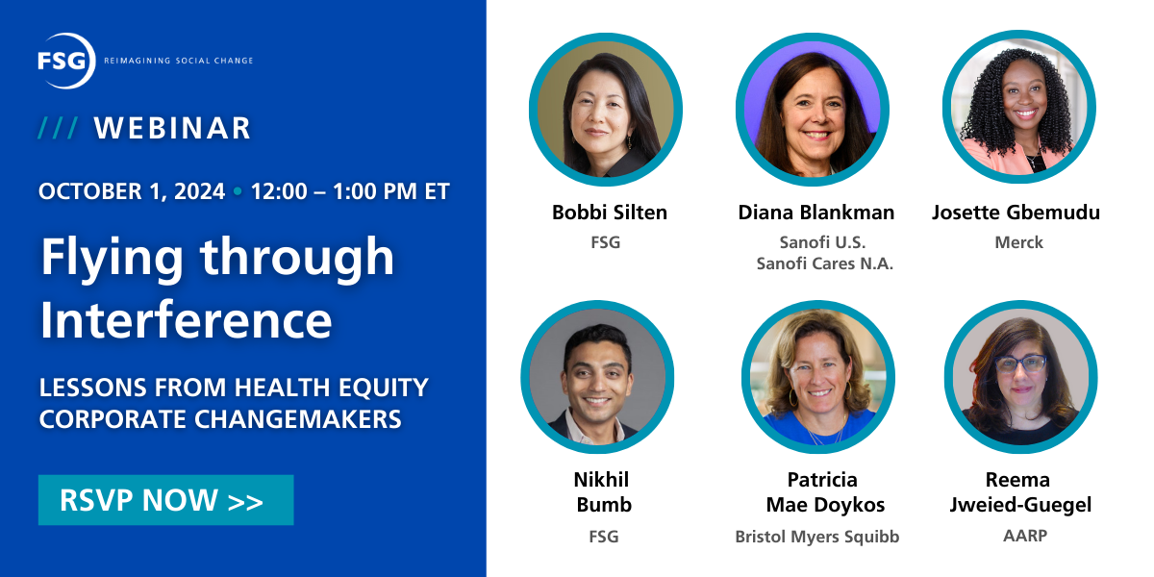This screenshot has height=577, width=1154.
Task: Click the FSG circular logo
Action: (66, 61)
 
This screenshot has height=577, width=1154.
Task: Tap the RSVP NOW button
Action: (165, 500)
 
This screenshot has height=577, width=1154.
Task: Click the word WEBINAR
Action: (172, 128)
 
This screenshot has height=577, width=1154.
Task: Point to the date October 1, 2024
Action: (132, 191)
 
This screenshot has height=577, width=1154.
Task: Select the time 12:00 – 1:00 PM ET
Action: (350, 191)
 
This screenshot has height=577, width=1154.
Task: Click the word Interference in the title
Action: (186, 319)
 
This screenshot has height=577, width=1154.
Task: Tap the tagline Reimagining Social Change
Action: (179, 61)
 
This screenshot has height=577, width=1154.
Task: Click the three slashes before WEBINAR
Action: (59, 128)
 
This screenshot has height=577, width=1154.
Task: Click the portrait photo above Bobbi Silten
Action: (606, 110)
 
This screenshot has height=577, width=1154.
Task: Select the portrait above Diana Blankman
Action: (813, 110)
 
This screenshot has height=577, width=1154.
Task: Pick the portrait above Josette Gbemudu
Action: (1019, 107)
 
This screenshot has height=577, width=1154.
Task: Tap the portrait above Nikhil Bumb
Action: (597, 377)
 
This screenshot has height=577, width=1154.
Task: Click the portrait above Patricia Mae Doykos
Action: (818, 377)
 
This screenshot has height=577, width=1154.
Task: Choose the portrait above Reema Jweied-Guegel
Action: (1021, 377)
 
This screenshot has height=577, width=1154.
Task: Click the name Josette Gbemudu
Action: (1016, 213)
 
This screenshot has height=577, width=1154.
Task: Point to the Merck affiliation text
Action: (1019, 242)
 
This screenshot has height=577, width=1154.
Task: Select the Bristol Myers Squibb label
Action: (817, 537)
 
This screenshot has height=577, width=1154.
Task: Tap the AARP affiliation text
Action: (1025, 536)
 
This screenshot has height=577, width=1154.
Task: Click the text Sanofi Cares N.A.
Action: (825, 263)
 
